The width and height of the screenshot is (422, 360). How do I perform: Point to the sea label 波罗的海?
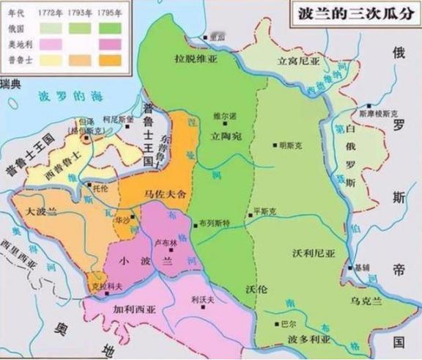click(70, 96)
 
